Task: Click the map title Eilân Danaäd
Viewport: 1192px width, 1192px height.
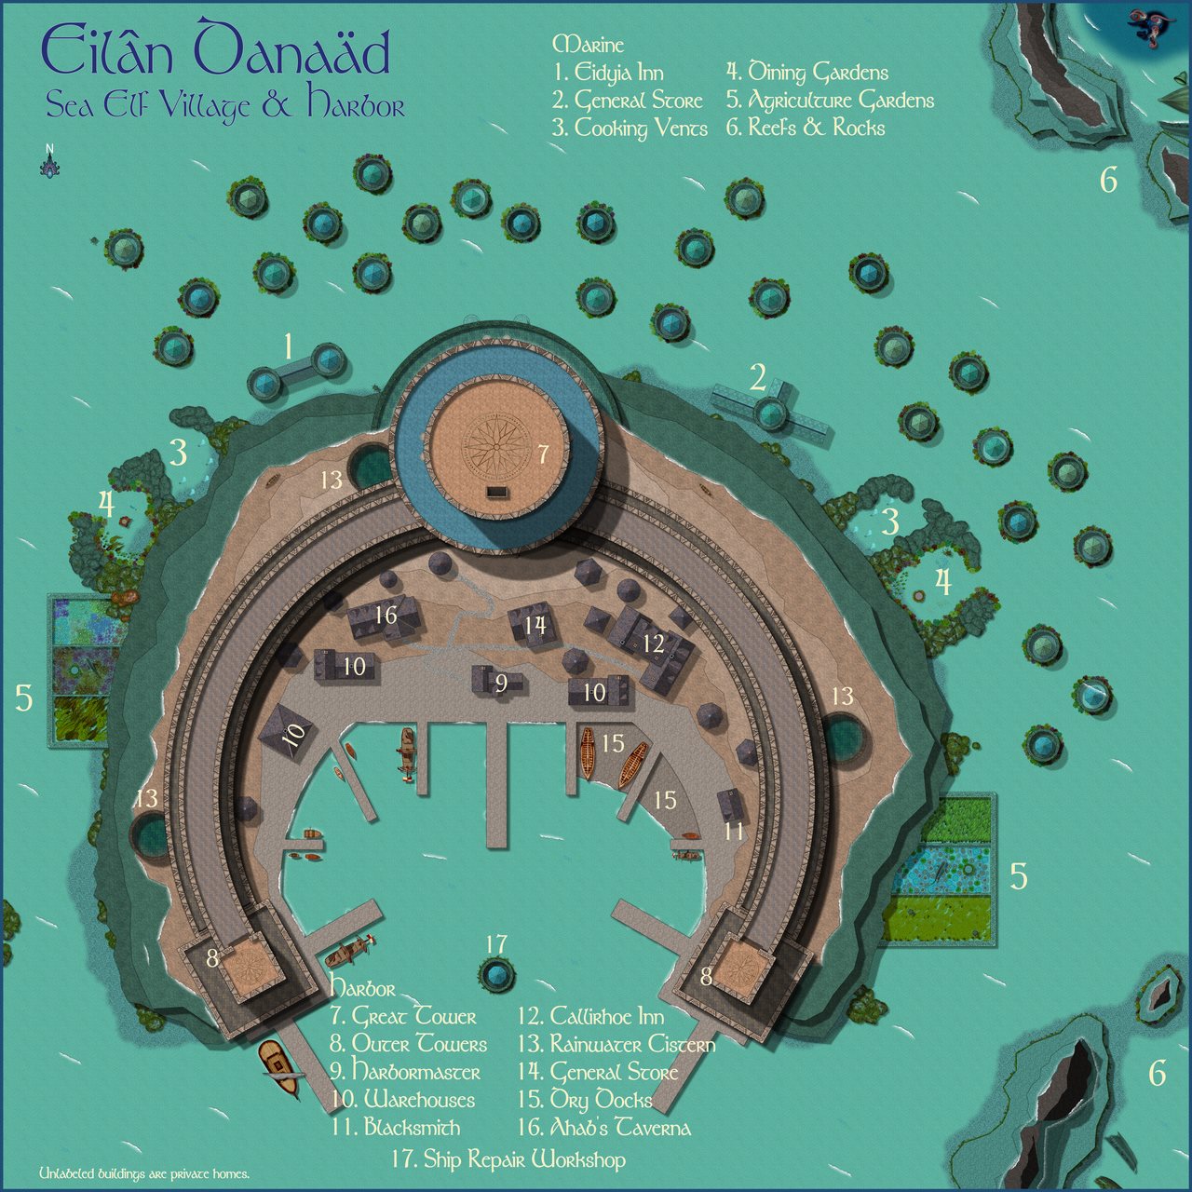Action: tap(215, 52)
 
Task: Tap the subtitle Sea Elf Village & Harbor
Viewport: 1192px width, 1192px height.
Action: tap(225, 105)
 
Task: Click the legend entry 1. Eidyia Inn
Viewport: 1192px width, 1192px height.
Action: tap(607, 73)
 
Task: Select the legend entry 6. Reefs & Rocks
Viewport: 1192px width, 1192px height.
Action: tap(806, 128)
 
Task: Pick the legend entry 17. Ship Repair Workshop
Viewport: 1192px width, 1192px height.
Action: tap(508, 1159)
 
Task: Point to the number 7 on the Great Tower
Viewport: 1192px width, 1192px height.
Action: tap(543, 455)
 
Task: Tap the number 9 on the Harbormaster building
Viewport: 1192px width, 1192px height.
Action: tap(501, 684)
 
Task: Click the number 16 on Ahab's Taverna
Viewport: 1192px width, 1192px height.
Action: tap(386, 615)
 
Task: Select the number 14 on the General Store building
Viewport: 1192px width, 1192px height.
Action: tap(535, 625)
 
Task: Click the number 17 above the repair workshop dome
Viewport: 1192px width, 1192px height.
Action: tap(496, 944)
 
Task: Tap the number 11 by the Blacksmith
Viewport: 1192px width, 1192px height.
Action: tap(735, 829)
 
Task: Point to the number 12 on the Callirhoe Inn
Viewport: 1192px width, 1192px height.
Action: tap(653, 643)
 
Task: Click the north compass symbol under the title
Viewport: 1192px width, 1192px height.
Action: tap(49, 162)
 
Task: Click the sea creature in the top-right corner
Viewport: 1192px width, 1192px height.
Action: tap(1147, 27)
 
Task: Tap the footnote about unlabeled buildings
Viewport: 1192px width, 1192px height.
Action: tap(143, 1174)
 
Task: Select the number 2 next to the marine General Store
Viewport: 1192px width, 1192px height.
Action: tap(758, 377)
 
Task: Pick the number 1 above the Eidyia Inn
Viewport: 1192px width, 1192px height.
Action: tap(289, 347)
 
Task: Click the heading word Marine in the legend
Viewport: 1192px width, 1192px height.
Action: tap(588, 45)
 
